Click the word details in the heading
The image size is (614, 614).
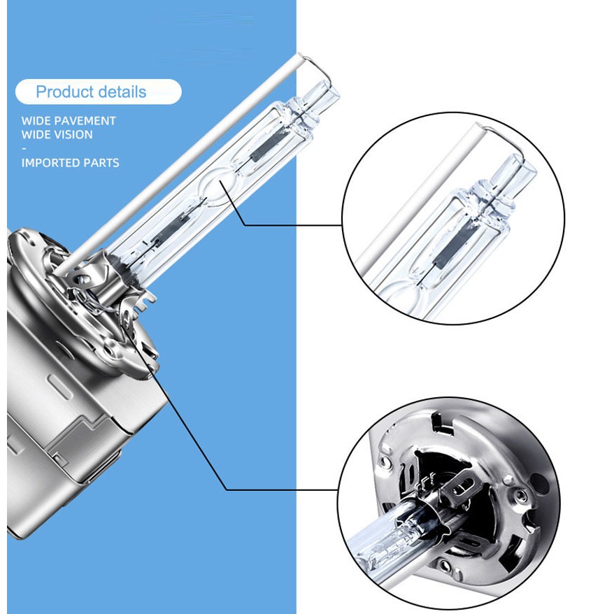pyautogui.click(x=122, y=92)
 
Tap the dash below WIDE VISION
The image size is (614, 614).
pyautogui.click(x=24, y=149)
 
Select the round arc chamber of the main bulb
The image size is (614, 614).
pyautogui.click(x=216, y=185)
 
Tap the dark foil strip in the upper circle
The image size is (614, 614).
pyautogui.click(x=455, y=241)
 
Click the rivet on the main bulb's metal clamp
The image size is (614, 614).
pyautogui.click(x=83, y=279)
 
